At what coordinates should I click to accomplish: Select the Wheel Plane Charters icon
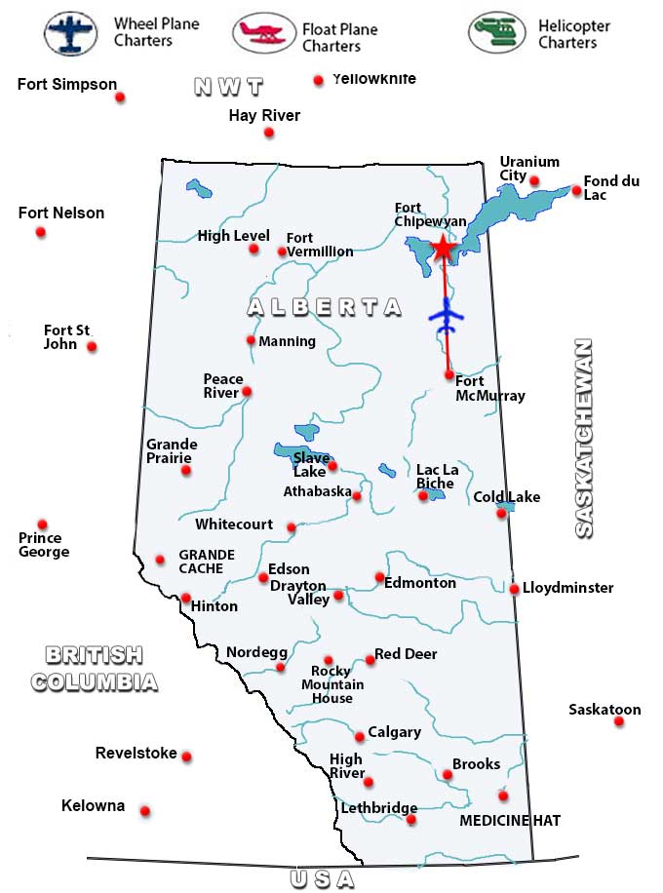click(70, 33)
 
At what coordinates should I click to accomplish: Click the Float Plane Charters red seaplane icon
click(263, 33)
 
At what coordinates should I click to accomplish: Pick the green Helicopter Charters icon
click(496, 33)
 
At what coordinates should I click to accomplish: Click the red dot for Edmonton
click(380, 577)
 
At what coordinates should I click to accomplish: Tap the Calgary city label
click(395, 732)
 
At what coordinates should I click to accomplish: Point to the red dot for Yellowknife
click(318, 81)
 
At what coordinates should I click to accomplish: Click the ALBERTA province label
click(324, 307)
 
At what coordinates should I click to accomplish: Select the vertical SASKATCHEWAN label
click(583, 438)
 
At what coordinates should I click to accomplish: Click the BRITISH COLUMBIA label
click(94, 668)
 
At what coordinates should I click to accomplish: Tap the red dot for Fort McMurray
click(448, 374)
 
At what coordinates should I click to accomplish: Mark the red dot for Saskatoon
click(619, 722)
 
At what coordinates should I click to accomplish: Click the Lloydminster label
click(568, 588)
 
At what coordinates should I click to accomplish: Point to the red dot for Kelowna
click(145, 811)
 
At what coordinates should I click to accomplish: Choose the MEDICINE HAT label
click(510, 821)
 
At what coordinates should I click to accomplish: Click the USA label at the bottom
click(322, 879)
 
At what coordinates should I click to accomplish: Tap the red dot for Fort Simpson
click(120, 97)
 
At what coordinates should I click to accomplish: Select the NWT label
click(229, 87)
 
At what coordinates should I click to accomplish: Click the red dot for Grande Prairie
click(186, 470)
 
